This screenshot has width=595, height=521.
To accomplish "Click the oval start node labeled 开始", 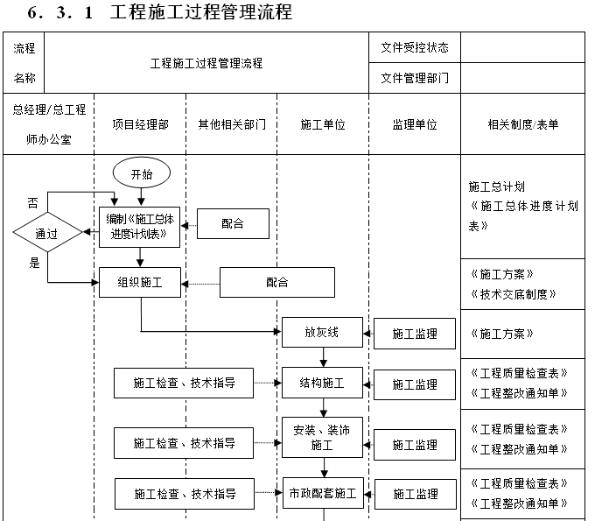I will [141, 174].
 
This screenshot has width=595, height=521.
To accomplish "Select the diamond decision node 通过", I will [46, 233].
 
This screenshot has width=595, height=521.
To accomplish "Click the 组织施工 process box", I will [140, 283].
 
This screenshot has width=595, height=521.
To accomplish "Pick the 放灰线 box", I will [321, 333].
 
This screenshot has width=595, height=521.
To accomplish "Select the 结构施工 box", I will [321, 384].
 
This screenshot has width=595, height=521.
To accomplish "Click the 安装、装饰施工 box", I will [321, 438].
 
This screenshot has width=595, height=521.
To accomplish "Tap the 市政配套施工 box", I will [321, 494].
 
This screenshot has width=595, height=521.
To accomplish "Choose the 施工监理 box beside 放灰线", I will [415, 334].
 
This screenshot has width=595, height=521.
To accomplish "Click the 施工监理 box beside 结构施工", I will [415, 384].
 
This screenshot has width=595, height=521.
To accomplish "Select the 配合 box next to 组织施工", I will [276, 283].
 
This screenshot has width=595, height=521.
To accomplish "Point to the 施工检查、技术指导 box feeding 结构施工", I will [184, 383].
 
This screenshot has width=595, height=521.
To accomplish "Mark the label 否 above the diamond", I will [32, 202].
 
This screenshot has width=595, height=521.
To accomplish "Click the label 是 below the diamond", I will [35, 263].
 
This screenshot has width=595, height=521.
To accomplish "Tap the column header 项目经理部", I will [140, 125].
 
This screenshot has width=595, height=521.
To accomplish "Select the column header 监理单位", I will [415, 125].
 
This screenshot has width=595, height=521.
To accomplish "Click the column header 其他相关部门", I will [231, 125].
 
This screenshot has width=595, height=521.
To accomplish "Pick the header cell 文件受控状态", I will [415, 47].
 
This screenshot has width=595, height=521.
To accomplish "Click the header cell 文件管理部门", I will [415, 78].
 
